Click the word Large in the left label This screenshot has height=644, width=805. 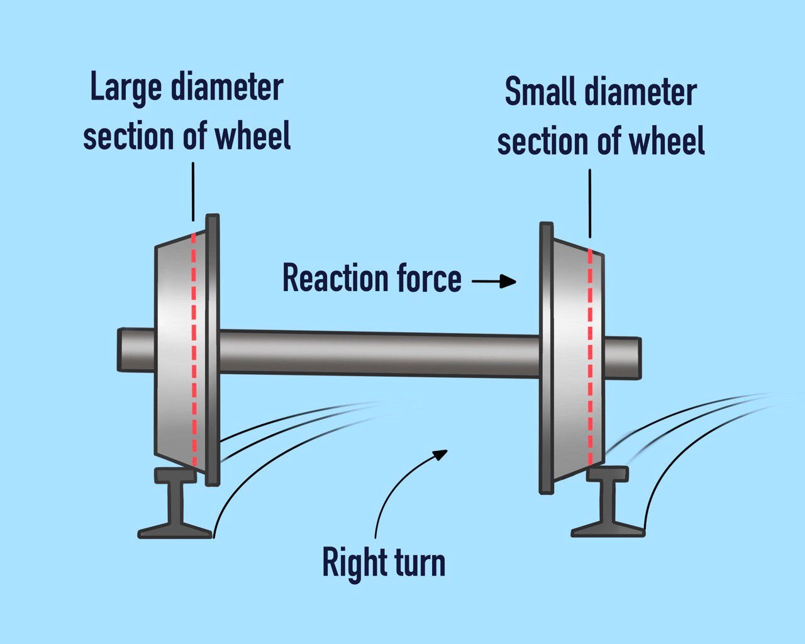click(x=126, y=88)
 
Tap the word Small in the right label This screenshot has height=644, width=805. click(x=540, y=93)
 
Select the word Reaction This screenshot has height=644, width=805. click(x=335, y=278)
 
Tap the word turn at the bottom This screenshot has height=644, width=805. click(x=418, y=563)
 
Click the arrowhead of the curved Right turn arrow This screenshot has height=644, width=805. click(x=440, y=453)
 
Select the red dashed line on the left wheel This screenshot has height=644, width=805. click(x=194, y=352)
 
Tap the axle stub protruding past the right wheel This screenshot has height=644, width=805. click(x=623, y=358)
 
